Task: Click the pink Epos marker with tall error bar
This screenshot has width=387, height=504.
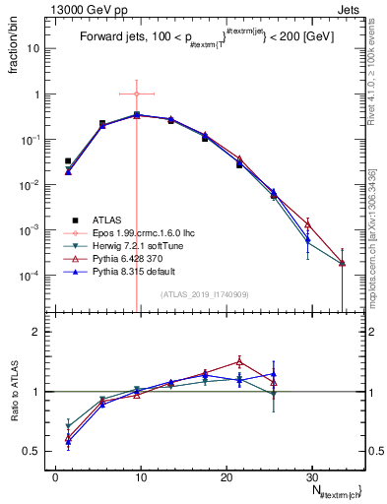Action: pyautogui.click(x=137, y=94)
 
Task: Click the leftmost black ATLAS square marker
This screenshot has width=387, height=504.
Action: pyautogui.click(x=68, y=160)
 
